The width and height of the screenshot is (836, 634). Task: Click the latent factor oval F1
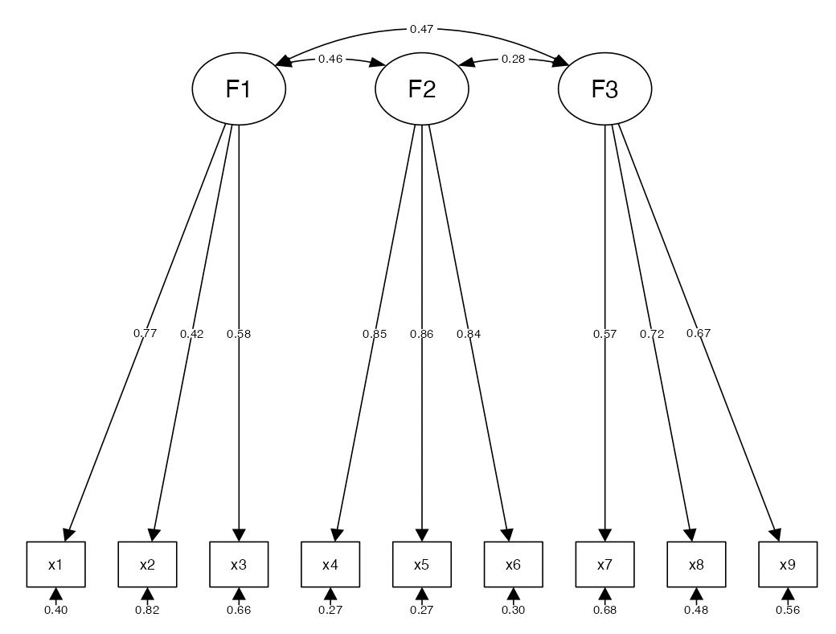coord(239,89)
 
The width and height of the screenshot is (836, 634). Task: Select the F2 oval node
coord(422,89)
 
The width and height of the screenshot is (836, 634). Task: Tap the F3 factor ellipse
coord(604,89)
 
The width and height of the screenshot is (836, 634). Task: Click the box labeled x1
coord(55,564)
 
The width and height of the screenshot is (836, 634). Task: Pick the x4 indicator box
coord(330,564)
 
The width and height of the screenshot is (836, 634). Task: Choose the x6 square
coord(513,564)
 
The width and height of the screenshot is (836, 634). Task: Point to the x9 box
coord(788,564)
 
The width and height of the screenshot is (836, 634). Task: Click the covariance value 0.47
coord(422,30)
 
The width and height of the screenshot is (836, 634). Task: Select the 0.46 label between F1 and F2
coord(330,59)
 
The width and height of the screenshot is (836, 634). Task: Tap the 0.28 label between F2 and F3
coord(514,59)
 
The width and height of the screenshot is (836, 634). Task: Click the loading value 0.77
coord(145,333)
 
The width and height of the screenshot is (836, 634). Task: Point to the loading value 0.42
coord(192,334)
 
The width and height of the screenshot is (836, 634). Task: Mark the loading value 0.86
coord(422,334)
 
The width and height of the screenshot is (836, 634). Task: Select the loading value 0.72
coord(652,334)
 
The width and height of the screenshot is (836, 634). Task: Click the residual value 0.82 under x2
coord(147,610)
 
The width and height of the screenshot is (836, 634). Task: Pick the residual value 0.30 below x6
coord(513,610)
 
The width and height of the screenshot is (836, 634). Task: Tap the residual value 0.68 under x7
coord(604,610)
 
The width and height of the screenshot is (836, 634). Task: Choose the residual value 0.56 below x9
coord(788,610)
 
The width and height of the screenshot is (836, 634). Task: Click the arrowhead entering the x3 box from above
coord(239,535)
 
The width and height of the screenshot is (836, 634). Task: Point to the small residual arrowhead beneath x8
coord(696,594)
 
